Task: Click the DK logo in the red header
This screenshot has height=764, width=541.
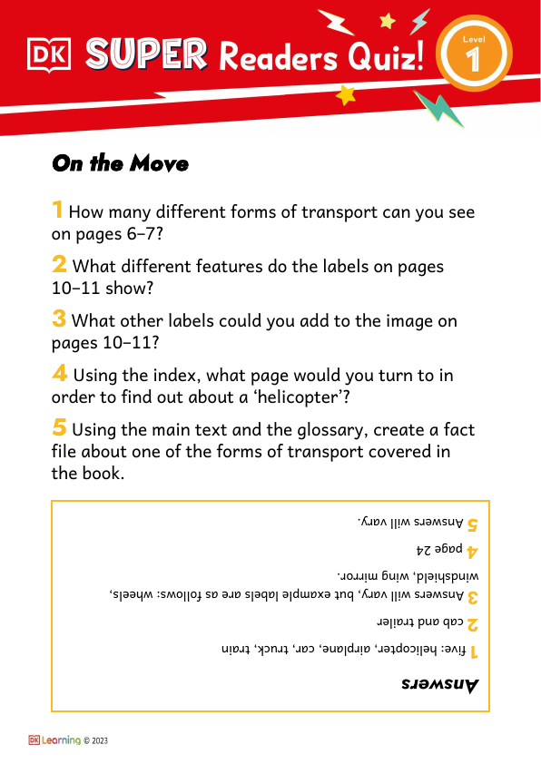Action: [x=49, y=55]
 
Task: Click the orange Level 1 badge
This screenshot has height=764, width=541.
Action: [x=471, y=55]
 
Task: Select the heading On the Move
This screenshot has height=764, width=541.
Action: [x=120, y=164]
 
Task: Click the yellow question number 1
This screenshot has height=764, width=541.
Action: [x=57, y=211]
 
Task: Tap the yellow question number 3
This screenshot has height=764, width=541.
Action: [x=59, y=318]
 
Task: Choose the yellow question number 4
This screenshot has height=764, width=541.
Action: [x=59, y=372]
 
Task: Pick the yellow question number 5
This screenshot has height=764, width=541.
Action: [x=59, y=426]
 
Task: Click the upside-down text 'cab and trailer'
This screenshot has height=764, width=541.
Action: [x=418, y=622]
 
